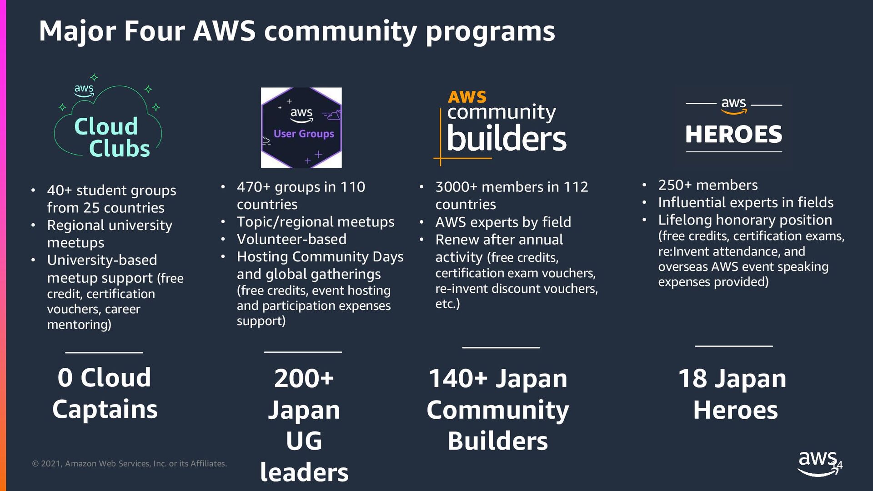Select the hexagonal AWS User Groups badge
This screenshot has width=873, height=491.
point(301,128)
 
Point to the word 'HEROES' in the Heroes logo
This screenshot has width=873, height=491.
point(733,134)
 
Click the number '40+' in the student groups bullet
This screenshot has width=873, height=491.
point(59,190)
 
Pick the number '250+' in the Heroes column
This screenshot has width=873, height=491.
point(675,185)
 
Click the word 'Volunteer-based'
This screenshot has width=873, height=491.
point(291,239)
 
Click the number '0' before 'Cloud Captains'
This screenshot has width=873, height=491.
point(65,378)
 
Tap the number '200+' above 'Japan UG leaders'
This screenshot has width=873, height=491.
point(304,378)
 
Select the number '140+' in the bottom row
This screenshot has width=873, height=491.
point(458,379)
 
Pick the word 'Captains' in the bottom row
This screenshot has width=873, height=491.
point(105,409)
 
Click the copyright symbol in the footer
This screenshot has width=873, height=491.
point(35,464)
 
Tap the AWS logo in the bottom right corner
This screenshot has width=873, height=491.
point(818,463)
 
